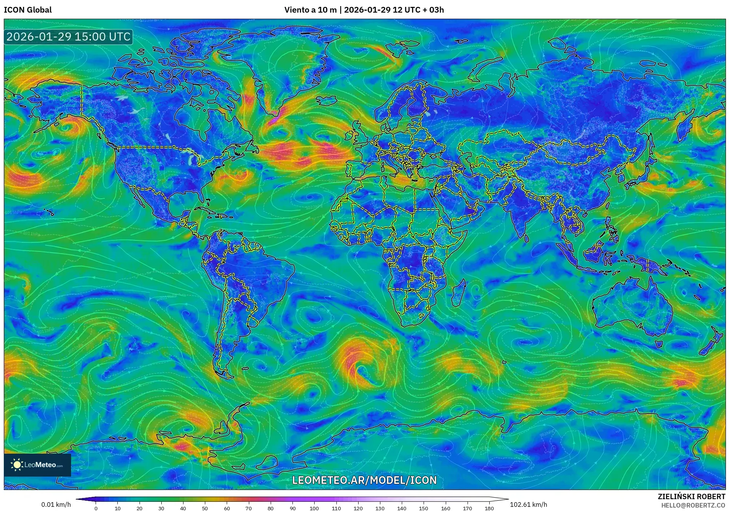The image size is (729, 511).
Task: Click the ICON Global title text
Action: coord(28,10)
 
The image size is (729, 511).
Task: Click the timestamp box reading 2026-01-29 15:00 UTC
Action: coord(68,37)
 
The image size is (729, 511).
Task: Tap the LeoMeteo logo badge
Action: coord(37,465)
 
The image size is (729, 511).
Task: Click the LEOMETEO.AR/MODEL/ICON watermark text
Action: coord(364,480)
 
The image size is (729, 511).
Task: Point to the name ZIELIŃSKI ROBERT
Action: coord(691,496)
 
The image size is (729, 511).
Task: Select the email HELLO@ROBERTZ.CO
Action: coord(693,505)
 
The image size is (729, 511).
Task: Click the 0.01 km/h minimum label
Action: coord(56,505)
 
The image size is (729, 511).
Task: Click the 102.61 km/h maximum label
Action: coord(528,505)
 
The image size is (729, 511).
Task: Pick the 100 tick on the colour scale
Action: coord(314,508)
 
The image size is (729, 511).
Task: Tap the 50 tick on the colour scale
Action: coord(205,508)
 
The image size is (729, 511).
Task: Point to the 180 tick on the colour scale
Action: coord(489,508)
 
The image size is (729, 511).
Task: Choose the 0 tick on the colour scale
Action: coord(96,508)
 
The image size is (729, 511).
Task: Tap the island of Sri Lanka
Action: coord(526,238)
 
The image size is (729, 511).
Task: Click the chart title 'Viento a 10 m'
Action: coord(310,10)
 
